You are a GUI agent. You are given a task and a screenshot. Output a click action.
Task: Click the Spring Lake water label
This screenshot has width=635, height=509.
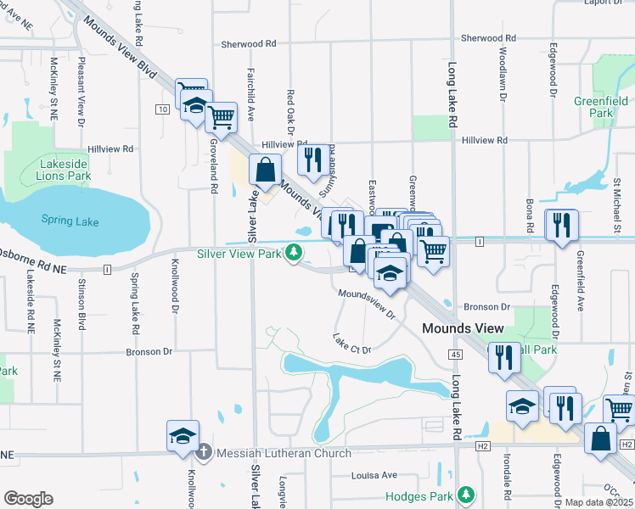pyautogui.click(x=70, y=222)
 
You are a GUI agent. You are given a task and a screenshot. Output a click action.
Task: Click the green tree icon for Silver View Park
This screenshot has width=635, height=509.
pyautogui.click(x=294, y=252)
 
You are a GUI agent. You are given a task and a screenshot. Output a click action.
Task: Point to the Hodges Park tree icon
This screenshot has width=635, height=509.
pyautogui.click(x=465, y=494)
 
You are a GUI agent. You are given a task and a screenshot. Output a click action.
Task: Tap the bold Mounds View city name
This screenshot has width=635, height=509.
pyautogui.click(x=464, y=327)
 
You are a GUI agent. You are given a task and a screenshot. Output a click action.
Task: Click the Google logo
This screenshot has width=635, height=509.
pyautogui.click(x=28, y=498)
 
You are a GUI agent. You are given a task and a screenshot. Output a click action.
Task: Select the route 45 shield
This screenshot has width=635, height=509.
pyautogui.click(x=456, y=354)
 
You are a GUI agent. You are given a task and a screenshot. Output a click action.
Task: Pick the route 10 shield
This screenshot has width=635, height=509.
pyautogui.click(x=161, y=109)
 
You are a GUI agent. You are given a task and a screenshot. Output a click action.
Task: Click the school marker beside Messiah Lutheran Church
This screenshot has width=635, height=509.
pyautogui.click(x=183, y=435)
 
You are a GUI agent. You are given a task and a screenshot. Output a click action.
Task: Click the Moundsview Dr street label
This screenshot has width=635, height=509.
pyautogui.click(x=367, y=304)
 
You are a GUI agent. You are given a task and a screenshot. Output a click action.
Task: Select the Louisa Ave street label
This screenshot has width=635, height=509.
pyautogui.click(x=375, y=475)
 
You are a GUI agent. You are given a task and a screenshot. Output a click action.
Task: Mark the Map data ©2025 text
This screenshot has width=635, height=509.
pyautogui.click(x=598, y=502)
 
